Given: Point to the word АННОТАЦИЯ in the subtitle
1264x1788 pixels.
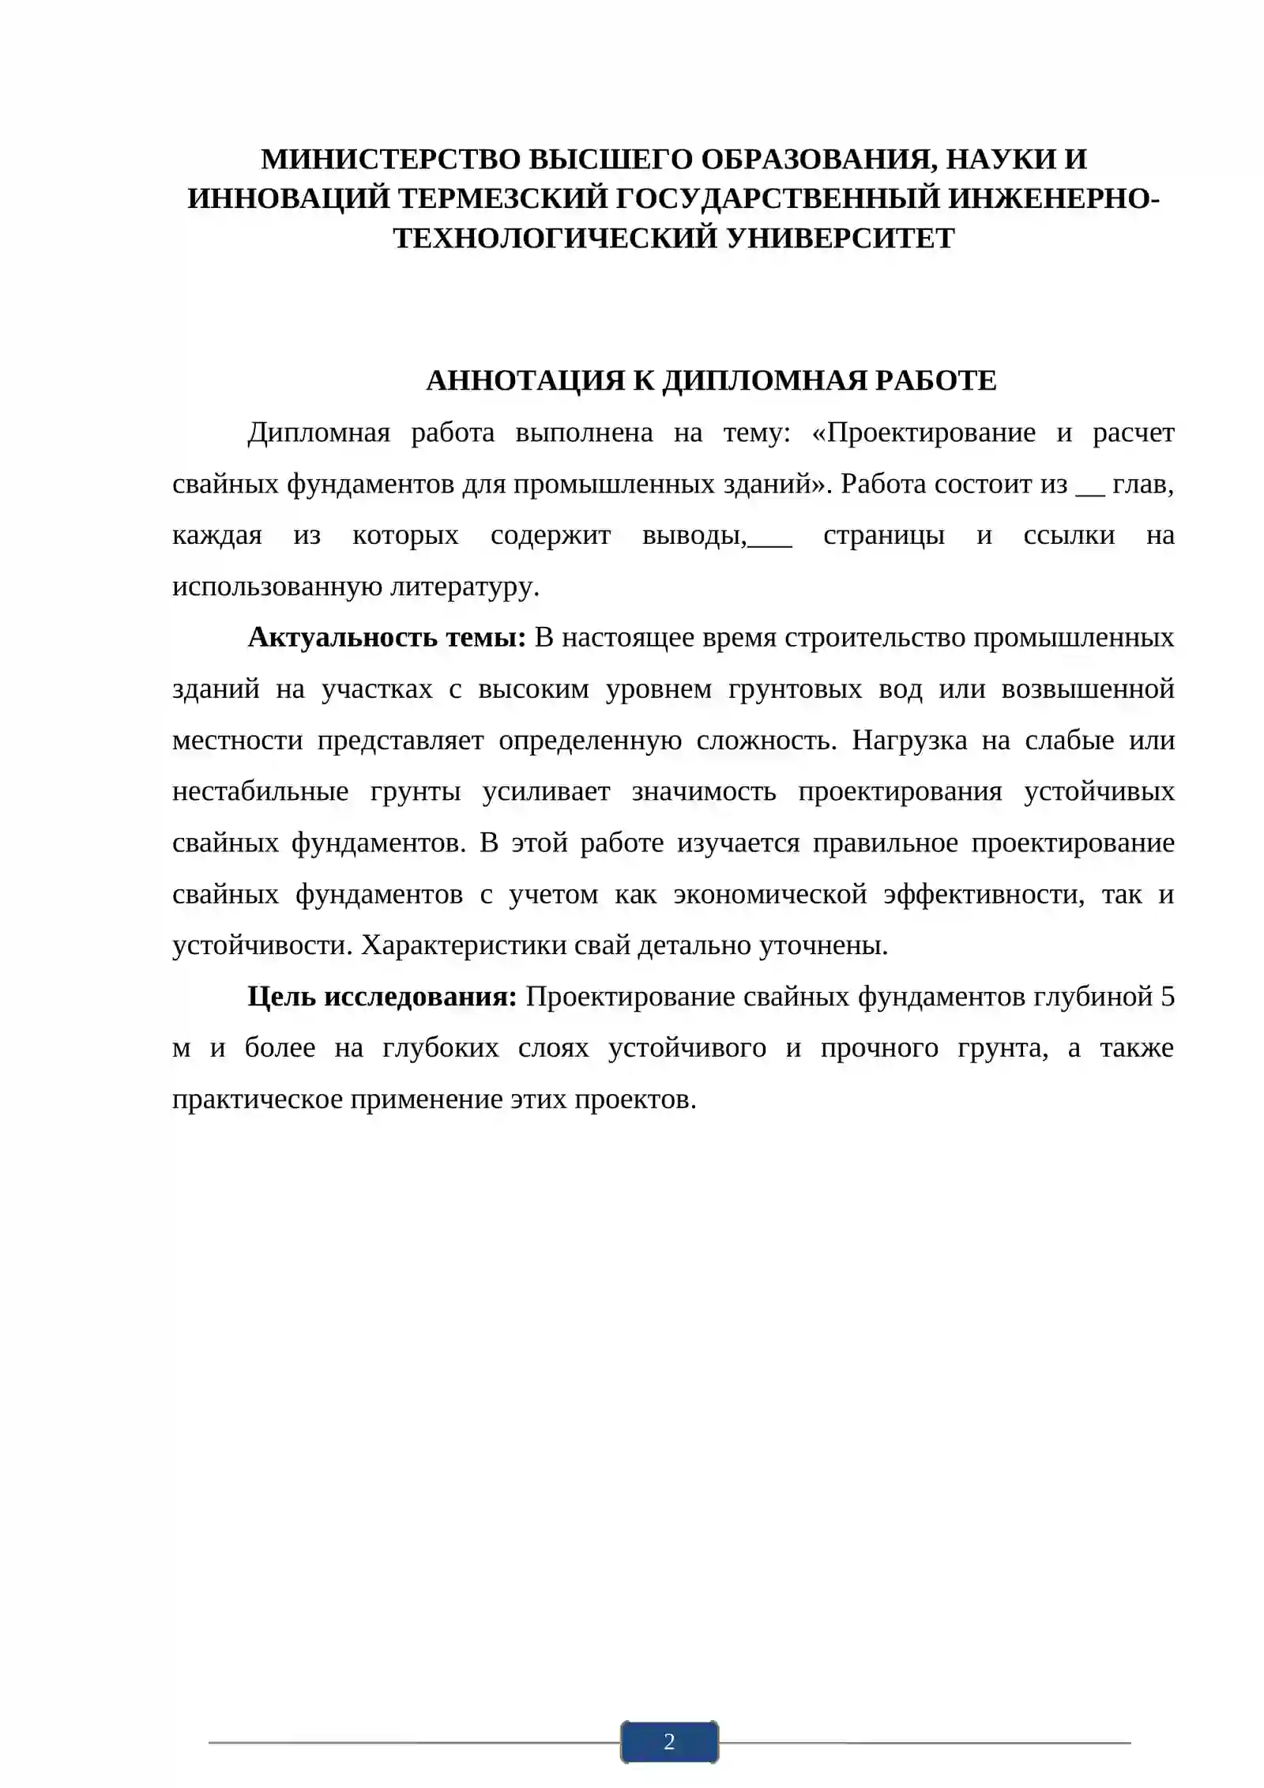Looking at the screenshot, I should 525,381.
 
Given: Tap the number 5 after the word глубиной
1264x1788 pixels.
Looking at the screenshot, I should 1167,997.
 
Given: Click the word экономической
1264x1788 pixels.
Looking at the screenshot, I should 770,894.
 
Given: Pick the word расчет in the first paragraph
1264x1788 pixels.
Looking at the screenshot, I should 1133,433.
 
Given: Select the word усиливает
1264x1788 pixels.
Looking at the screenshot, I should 546,791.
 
